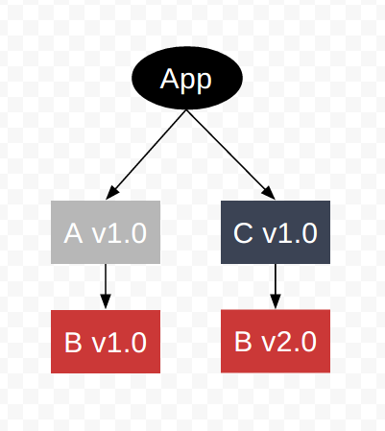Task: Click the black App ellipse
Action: point(187,78)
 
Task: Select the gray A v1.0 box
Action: point(106,232)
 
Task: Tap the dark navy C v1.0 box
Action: point(276,232)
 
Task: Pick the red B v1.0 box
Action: point(106,342)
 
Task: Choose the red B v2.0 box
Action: point(276,341)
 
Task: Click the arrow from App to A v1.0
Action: point(146,155)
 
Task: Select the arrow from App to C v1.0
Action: point(230,155)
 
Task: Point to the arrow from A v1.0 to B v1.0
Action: point(106,286)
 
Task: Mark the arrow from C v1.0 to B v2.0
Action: point(276,286)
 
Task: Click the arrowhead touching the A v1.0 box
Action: point(111,193)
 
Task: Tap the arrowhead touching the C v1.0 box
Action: point(269,193)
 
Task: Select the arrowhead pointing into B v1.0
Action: point(106,301)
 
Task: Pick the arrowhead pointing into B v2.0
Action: point(276,301)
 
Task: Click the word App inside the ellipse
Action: point(185,80)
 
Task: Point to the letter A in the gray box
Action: point(74,233)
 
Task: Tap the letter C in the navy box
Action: point(244,233)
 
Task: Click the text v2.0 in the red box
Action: point(289,342)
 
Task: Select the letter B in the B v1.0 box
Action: point(73,343)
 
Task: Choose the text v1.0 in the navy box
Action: point(290,233)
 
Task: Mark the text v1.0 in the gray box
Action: point(119,233)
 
